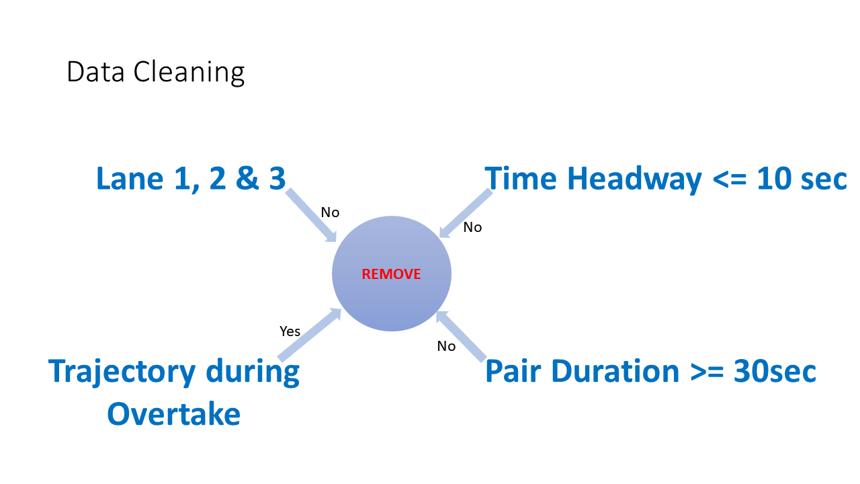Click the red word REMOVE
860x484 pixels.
point(391,274)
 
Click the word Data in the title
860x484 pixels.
point(95,71)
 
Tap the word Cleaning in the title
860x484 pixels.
point(189,73)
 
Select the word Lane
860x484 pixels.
point(130,178)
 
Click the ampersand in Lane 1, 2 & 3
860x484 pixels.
point(247,178)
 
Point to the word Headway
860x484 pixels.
point(634,179)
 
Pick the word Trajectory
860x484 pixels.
point(122,372)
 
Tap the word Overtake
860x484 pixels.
point(174,414)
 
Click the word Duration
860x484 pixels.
point(615,371)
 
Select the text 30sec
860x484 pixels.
point(775,371)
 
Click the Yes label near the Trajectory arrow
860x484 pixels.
point(290,331)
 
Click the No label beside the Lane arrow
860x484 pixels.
point(330,212)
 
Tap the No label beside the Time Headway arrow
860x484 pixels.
point(472,227)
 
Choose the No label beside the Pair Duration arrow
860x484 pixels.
point(447,346)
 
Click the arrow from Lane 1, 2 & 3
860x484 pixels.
point(311,215)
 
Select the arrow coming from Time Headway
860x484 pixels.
point(466,213)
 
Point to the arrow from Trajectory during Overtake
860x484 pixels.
point(310,335)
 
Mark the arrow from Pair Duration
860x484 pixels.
point(461,337)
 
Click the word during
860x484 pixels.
point(253,372)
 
